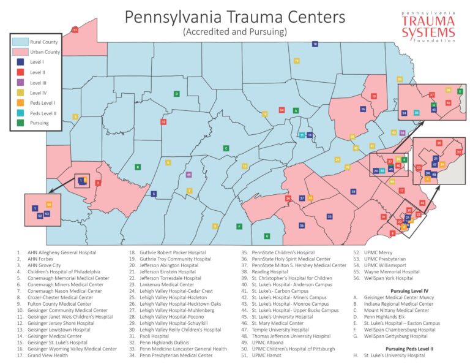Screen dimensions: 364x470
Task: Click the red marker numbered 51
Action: (75, 29)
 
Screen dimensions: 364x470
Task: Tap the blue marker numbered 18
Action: (315, 44)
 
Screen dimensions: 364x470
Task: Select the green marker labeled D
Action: (176, 94)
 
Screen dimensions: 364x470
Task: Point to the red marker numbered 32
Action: (163, 122)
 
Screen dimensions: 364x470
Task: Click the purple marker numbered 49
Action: (188, 175)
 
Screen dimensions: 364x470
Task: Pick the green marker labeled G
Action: (266, 236)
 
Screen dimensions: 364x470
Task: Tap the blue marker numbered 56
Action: (302, 226)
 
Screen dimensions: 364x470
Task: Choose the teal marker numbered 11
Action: (302, 135)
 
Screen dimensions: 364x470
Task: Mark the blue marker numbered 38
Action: (354, 192)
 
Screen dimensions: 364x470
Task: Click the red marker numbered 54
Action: (282, 110)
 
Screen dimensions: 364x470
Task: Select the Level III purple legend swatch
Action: (20, 82)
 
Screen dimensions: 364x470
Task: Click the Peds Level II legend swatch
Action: (20, 113)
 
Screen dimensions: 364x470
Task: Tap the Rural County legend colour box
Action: (21, 41)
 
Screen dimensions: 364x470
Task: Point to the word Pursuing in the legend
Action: (40, 123)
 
